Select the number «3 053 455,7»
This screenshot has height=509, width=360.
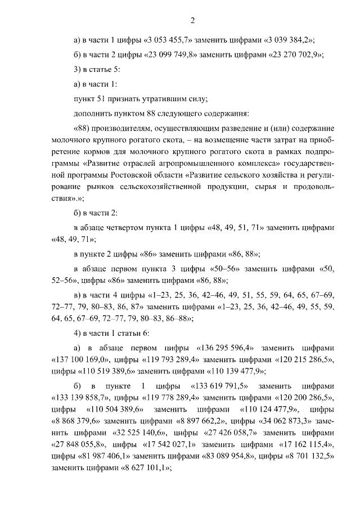(169, 39)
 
